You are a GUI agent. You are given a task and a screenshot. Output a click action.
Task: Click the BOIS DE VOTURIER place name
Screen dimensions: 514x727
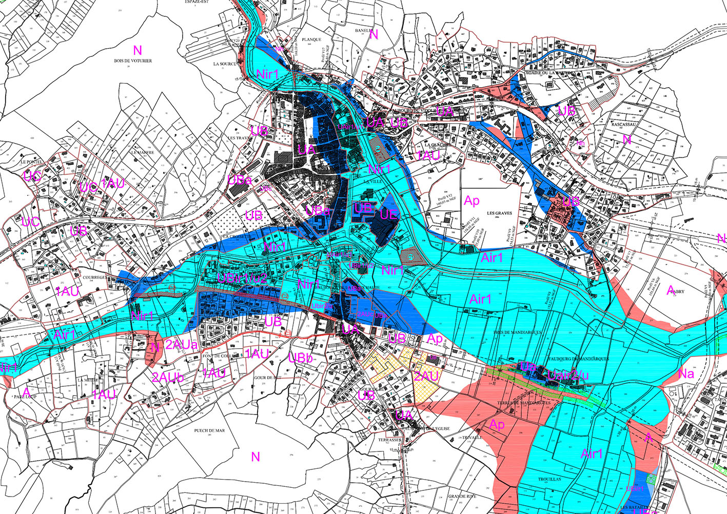[x=133, y=61]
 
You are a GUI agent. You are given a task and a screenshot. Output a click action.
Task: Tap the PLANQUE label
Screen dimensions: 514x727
[x=311, y=39]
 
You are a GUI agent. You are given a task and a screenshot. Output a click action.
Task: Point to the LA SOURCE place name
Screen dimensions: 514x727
[x=225, y=64]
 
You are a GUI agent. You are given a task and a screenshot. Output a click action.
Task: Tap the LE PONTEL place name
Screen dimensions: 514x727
[x=31, y=161]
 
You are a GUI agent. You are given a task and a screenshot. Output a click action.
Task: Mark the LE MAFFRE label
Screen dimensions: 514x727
[x=142, y=152]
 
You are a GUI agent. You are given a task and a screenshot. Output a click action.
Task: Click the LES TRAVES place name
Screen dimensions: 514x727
[x=240, y=138]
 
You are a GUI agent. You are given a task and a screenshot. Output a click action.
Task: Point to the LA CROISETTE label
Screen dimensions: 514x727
[x=238, y=237]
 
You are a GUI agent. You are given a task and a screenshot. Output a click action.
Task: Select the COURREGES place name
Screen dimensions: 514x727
[x=94, y=278]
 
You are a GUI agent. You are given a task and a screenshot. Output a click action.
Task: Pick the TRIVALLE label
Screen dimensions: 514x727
[x=472, y=438]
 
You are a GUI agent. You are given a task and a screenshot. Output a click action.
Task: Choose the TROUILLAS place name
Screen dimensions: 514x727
[x=549, y=479]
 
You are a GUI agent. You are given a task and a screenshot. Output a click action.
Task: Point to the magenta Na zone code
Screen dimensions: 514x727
[x=686, y=373]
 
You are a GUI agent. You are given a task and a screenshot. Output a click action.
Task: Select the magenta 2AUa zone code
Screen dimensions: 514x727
[x=182, y=345]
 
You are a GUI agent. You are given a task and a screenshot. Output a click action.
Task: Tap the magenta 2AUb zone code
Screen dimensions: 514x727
[x=168, y=377]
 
